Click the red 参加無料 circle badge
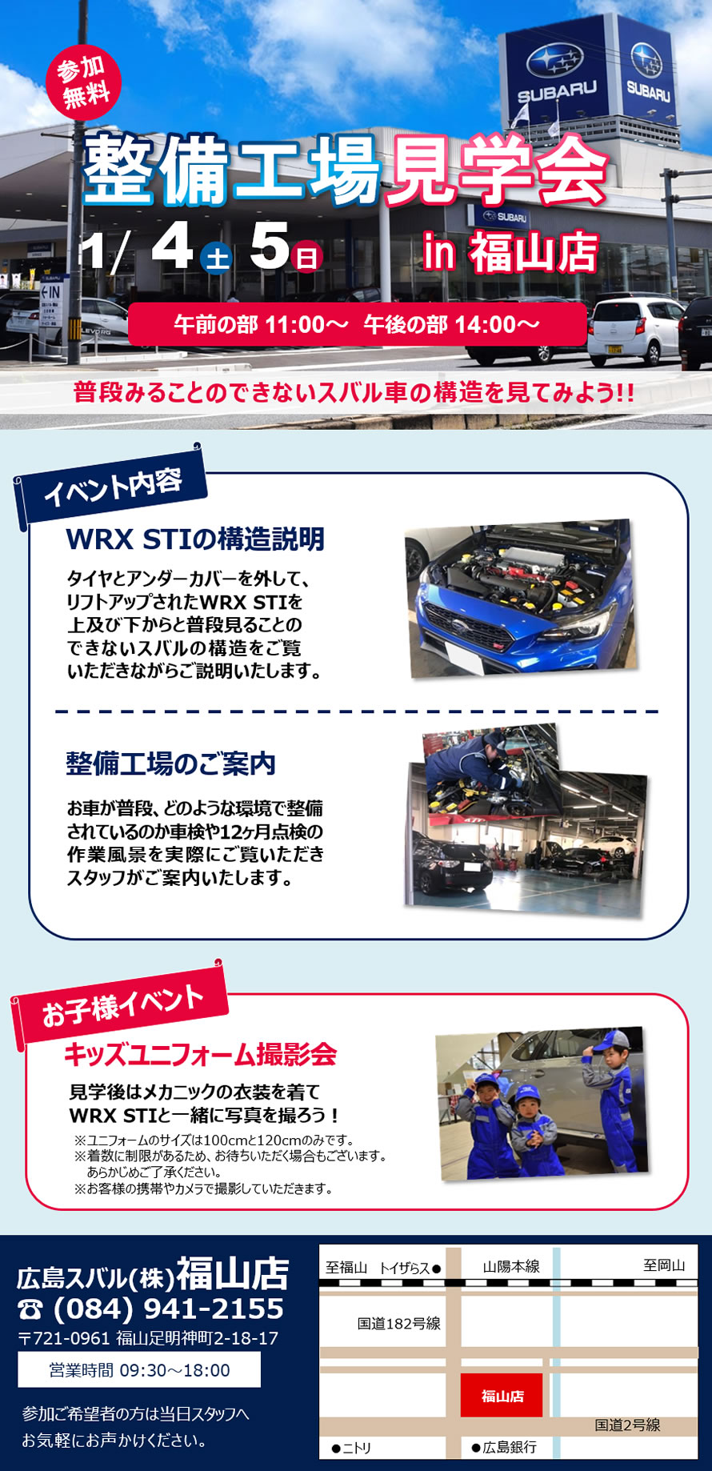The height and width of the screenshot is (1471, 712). (x=84, y=82)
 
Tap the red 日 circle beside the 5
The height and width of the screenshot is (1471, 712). (x=307, y=258)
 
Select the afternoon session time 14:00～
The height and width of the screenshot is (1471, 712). (x=497, y=324)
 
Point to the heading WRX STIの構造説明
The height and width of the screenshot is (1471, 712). (x=195, y=539)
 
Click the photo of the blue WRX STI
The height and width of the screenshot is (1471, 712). (x=520, y=598)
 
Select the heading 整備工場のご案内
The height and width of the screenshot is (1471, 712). (x=170, y=764)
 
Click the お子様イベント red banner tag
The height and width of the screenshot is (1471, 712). (x=120, y=1004)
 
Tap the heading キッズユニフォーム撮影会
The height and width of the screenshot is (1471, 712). (x=200, y=1054)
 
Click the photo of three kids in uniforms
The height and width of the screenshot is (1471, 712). (x=542, y=1104)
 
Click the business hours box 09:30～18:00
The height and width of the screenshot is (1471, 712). (x=139, y=1370)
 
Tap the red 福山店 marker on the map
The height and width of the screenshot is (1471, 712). (x=502, y=1396)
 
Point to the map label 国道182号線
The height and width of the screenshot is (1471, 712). (x=398, y=1324)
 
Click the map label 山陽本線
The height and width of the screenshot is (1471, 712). (x=511, y=1266)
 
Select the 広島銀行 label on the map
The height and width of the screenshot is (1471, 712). (x=504, y=1447)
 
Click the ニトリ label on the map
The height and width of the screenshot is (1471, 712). (x=351, y=1448)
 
